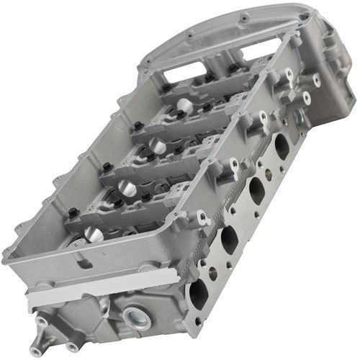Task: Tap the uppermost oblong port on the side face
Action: [x=282, y=145]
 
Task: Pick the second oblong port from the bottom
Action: [x=228, y=240]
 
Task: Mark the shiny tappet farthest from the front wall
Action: [x=184, y=105]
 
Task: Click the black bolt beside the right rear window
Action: [x=233, y=68]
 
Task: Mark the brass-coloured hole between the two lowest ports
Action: [x=212, y=272]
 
